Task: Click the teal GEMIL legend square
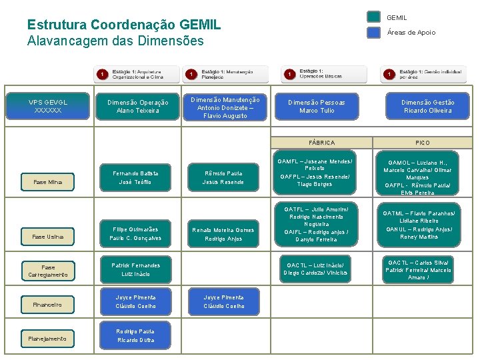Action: [x=374, y=17]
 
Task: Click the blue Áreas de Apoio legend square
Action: [x=374, y=32]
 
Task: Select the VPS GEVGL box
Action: [x=47, y=106]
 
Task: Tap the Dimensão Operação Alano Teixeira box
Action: [x=138, y=106]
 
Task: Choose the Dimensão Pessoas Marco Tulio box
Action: [x=317, y=106]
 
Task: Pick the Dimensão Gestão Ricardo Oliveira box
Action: [x=427, y=106]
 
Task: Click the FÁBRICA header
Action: [x=322, y=143]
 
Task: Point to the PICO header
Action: [x=423, y=143]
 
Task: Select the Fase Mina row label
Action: [x=47, y=182]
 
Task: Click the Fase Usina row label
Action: [x=47, y=237]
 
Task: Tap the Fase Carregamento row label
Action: [x=47, y=271]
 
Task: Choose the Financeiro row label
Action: [x=47, y=305]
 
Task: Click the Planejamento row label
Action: [x=47, y=339]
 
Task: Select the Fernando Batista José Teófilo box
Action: [x=135, y=177]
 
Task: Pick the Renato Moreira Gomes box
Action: [x=223, y=234]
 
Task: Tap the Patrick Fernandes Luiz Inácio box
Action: [x=135, y=269]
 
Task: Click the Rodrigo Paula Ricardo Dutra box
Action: [x=135, y=335]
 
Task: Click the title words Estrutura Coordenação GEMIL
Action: [x=123, y=25]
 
